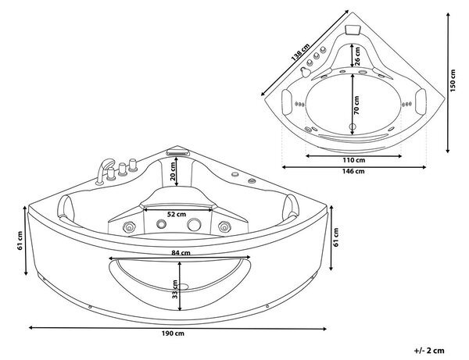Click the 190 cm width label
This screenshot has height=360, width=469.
pos(173,333)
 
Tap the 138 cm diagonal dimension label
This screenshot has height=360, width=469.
pos(301,53)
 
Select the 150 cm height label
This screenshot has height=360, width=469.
pos(453,80)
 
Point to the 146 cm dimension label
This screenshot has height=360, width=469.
pos(353,171)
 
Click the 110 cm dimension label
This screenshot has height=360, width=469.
pos(353,160)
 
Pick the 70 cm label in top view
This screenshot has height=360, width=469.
pos(356,105)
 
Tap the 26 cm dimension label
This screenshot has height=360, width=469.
pos(357,56)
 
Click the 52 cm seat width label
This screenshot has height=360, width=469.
pos(177,214)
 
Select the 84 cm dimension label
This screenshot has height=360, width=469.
pos(181,253)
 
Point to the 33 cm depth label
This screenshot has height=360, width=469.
pos(175,289)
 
